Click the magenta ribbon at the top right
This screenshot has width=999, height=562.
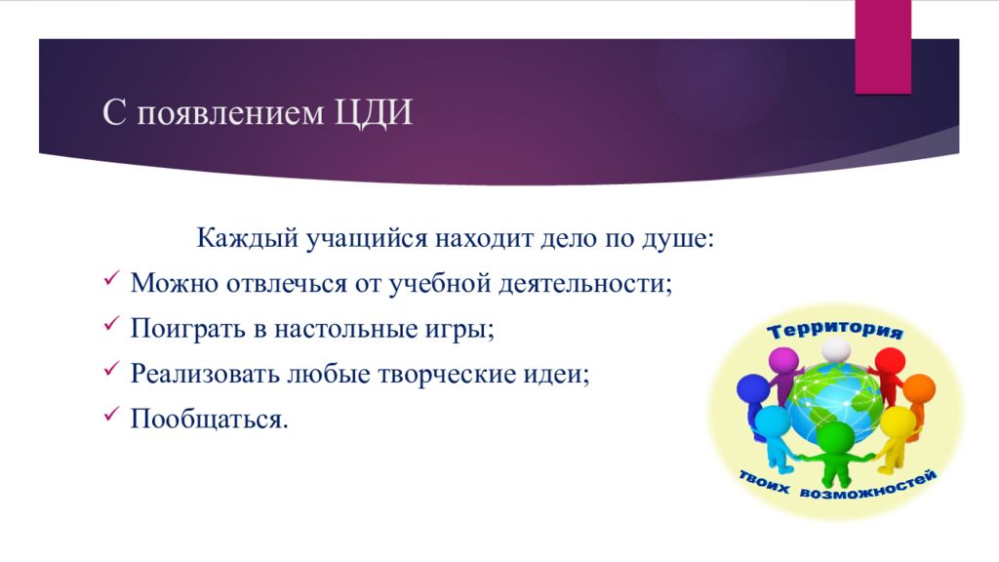[x=882, y=47]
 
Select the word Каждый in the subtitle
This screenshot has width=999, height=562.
[x=247, y=238]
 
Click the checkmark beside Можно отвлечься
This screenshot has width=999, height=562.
[x=111, y=278]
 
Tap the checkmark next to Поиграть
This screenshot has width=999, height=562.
[x=111, y=323]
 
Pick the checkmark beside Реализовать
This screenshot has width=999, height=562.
[x=111, y=368]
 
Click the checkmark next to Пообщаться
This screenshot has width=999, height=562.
[x=111, y=414]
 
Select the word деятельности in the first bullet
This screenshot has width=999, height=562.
[x=585, y=283]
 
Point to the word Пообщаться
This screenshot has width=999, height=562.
[x=209, y=420]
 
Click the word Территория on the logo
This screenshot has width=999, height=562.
[x=835, y=330]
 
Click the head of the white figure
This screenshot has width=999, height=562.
[x=835, y=350]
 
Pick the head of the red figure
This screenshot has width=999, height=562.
[x=890, y=362]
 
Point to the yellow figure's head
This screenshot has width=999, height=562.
[x=898, y=421]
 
